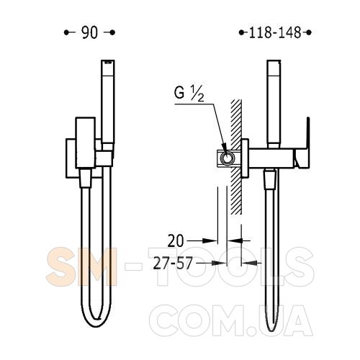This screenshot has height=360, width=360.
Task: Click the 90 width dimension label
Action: (90, 32)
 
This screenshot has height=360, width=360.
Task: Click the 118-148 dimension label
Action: (275, 32)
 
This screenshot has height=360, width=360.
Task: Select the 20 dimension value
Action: (176, 241)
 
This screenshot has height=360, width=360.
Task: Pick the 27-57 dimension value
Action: (173, 263)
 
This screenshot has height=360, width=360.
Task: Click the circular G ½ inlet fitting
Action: (227, 158)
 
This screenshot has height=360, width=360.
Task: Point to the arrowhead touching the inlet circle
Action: (224, 148)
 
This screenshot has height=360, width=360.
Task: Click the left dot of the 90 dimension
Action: (66, 32)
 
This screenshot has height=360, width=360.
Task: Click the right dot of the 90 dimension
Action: (112, 32)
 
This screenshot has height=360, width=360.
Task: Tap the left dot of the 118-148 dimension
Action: (241, 32)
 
